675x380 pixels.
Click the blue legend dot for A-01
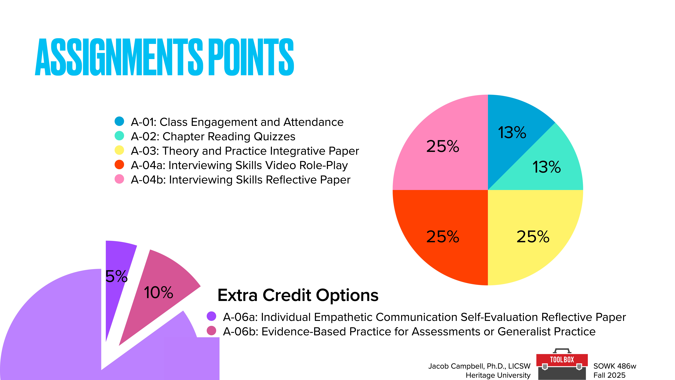click(x=119, y=121)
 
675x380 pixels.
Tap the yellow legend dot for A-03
click(x=119, y=150)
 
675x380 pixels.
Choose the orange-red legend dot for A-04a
click(x=119, y=165)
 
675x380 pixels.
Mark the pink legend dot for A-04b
click(x=119, y=179)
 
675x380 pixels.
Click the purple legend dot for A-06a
click(x=211, y=316)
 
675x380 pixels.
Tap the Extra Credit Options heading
click(x=298, y=295)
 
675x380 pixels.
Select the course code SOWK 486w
click(x=615, y=366)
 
